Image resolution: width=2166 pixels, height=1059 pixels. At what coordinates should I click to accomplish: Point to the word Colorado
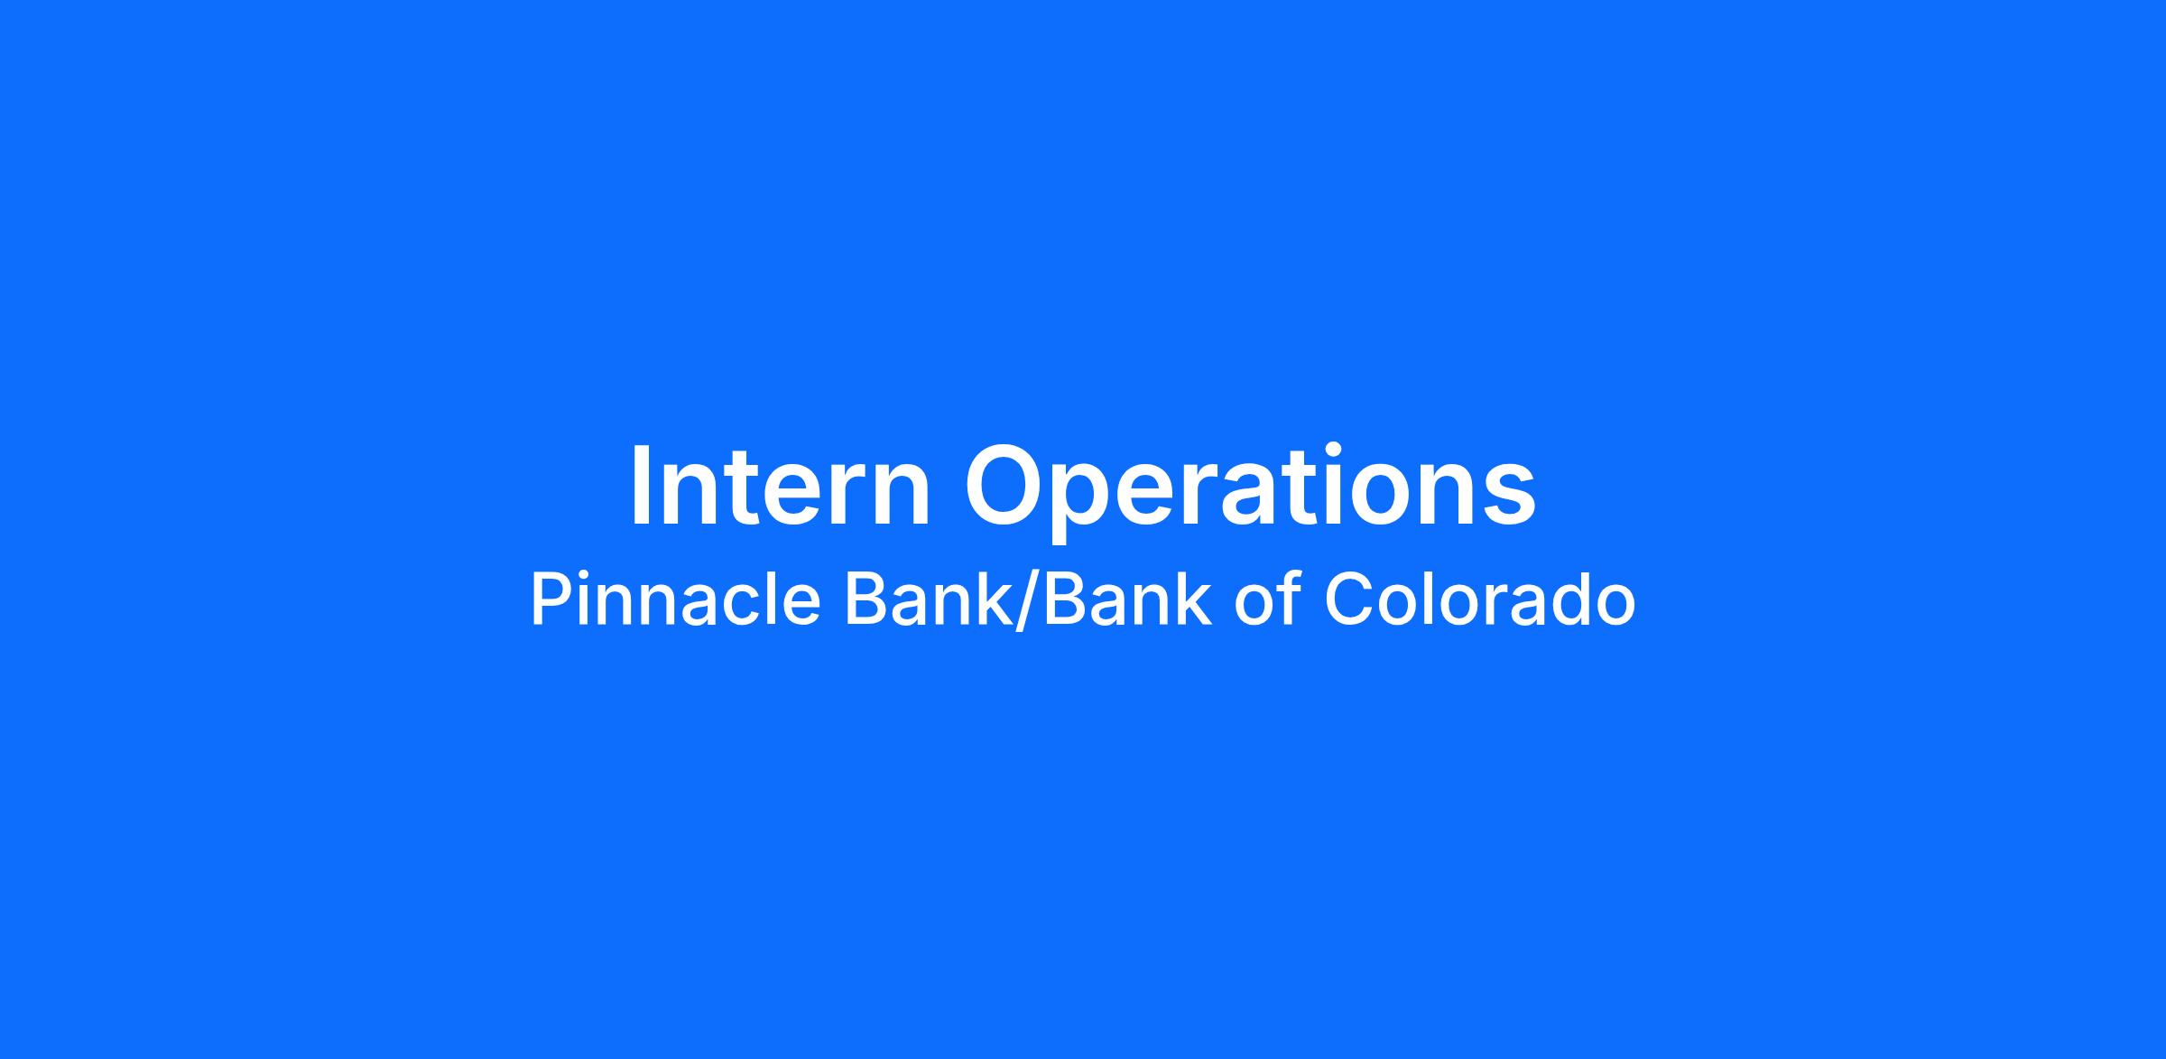click(x=1479, y=599)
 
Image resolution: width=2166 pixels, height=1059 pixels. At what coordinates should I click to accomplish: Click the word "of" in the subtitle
click(x=1266, y=599)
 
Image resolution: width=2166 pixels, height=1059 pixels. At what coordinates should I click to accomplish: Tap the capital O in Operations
click(x=1004, y=486)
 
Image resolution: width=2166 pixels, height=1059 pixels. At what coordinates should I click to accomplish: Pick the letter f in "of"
click(x=1288, y=599)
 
